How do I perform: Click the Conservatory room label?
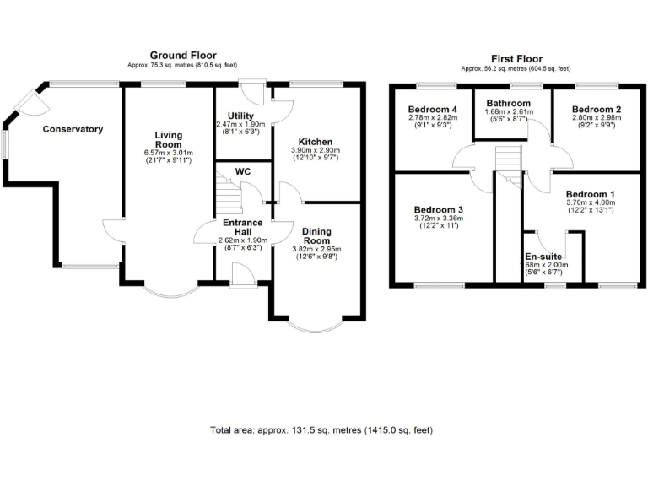point(73,129)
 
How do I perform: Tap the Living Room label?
point(169,139)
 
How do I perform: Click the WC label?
point(243,171)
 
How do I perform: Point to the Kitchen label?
point(316,141)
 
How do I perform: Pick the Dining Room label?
point(316,235)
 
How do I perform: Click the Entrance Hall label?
point(243,227)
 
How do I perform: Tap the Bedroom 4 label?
point(433,110)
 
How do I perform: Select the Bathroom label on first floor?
point(508,104)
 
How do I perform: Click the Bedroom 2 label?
point(596,110)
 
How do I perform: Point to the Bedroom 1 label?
point(590,194)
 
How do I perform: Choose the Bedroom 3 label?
point(439,209)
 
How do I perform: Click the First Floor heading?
point(515,59)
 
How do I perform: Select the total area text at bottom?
point(321,430)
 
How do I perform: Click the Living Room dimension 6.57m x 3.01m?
point(169,153)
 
